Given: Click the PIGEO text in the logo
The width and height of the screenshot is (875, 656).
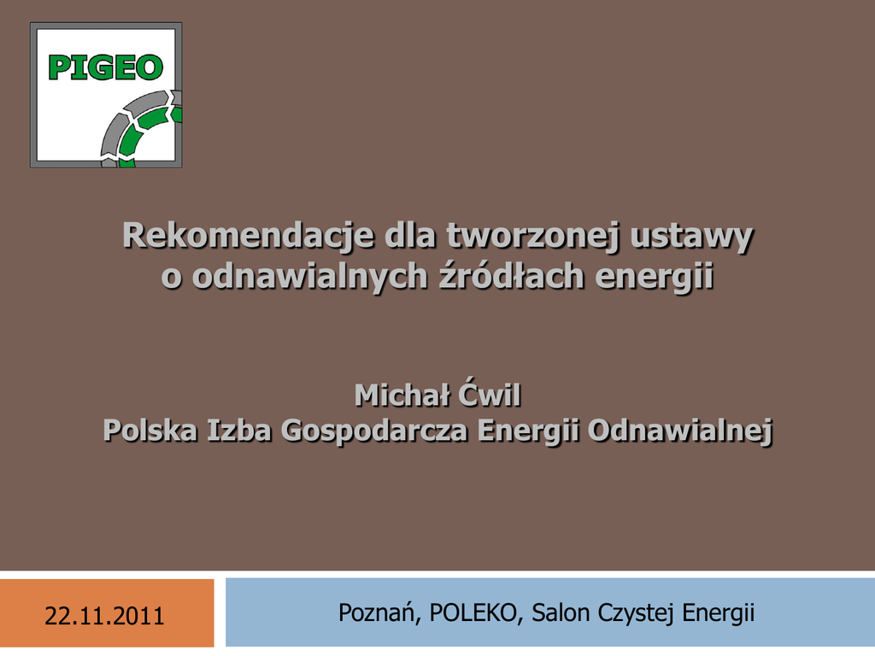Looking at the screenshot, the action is point(105,67).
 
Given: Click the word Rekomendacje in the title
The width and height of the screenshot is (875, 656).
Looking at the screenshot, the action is point(248,236).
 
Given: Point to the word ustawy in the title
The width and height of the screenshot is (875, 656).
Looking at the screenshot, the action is point(692,237).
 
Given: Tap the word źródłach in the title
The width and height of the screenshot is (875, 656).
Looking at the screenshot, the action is point(511,276).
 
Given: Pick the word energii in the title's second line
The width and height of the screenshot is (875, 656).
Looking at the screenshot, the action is point(654,278).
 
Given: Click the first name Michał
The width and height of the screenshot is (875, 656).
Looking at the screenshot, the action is point(402,395).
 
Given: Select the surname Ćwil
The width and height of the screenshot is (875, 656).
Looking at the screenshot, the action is point(490,395).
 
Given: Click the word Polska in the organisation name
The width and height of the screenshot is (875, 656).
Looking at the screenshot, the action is point(150,430).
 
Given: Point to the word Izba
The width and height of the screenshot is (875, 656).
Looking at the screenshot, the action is point(239,430).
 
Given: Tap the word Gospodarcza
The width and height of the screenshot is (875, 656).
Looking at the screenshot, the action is point(374,431).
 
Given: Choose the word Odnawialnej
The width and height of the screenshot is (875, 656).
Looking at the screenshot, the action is point(680,431).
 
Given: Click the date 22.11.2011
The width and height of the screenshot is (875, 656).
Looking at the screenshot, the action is point(104,616).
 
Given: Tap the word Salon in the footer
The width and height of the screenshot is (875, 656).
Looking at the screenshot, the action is point(561,612).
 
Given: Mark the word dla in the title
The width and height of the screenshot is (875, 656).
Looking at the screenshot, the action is point(410,235).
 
